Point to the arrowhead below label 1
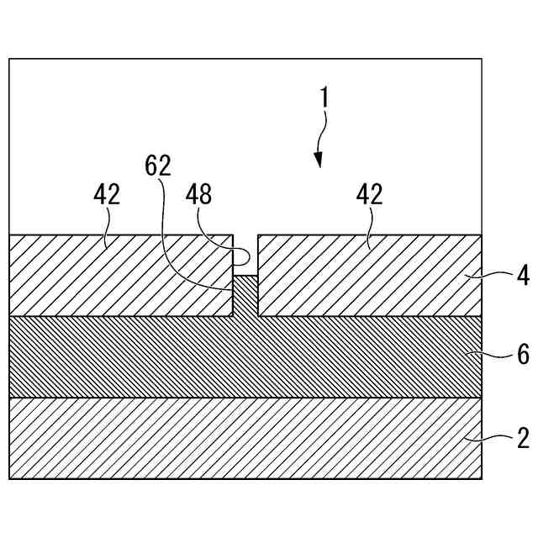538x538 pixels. coord(319,160)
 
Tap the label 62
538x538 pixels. coord(157,166)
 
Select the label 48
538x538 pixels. coord(200,195)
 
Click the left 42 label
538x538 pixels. coord(107,195)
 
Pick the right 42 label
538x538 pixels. coord(370,195)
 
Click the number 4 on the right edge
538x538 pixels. coord(522,276)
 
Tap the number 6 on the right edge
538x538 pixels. coord(522,355)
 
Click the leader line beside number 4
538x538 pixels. coord(492,273)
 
